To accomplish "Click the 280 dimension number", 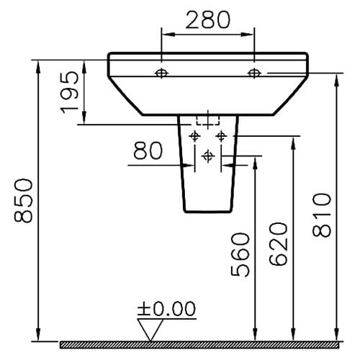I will tap(207, 20).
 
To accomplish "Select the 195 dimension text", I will tap(71, 93).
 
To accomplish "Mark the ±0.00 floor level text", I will tap(166, 310).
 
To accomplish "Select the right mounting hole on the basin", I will tap(253, 72).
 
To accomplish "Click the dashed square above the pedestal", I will tap(207, 120).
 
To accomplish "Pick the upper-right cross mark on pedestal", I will tap(220, 135).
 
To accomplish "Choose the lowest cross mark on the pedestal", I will tap(208, 155).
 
